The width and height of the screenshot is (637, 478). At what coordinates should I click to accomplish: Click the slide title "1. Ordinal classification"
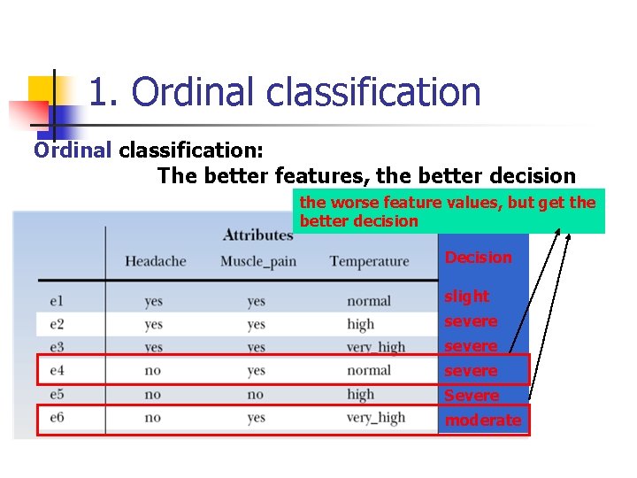click(285, 92)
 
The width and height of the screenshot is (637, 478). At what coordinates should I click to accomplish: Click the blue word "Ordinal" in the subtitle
click(73, 149)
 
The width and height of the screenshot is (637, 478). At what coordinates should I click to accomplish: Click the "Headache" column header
click(155, 261)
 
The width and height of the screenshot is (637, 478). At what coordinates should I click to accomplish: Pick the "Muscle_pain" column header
click(257, 261)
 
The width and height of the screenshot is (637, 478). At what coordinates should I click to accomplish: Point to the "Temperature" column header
click(369, 261)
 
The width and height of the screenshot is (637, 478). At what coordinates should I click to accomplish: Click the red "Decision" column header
click(478, 258)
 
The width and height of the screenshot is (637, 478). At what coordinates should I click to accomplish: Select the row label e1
click(58, 301)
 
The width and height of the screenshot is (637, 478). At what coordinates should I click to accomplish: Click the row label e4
click(58, 370)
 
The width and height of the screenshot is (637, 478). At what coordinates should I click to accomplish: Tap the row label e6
click(58, 417)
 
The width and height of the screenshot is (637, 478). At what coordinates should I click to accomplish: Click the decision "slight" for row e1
click(466, 297)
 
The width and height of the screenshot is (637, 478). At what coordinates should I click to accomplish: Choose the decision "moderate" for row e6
click(482, 420)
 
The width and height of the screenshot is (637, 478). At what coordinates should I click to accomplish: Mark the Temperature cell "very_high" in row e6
click(376, 417)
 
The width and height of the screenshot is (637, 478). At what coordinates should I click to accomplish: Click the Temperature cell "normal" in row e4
click(369, 370)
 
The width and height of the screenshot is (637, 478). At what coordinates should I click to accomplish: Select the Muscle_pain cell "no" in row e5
click(255, 394)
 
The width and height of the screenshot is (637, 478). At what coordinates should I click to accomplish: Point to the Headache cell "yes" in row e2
click(153, 324)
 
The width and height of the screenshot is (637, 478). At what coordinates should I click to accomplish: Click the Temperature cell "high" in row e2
click(360, 324)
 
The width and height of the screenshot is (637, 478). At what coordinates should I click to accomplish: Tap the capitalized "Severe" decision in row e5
click(471, 396)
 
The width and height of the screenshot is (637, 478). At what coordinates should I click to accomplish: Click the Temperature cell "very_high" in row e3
click(376, 347)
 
